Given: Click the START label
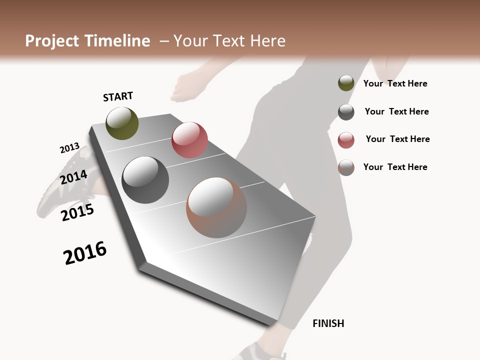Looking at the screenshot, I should coord(118,96).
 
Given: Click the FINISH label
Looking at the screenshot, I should coord(328,323).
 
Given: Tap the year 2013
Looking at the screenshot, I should coord(69,148).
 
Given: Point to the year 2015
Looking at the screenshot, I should coord(77,212).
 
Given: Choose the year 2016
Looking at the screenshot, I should coord(85,252).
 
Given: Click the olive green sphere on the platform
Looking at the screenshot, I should coord(122,123).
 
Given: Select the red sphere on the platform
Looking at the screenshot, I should coord(189,140).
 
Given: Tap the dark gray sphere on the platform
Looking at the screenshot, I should coord(145,180).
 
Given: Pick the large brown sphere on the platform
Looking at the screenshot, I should coord(216,207).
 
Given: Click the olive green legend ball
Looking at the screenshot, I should coord(346,83).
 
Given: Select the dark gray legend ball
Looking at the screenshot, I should coord(346,112).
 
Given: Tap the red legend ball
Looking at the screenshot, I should coord(346,140).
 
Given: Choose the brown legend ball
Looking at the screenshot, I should coord(346,167).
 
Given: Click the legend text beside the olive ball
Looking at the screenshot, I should coord(395,83).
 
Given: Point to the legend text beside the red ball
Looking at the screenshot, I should coord(397,139).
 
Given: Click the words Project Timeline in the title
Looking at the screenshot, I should coord(87,41).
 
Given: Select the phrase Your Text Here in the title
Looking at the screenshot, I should coord(229,41).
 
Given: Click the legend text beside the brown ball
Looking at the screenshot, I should coord(395,167).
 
